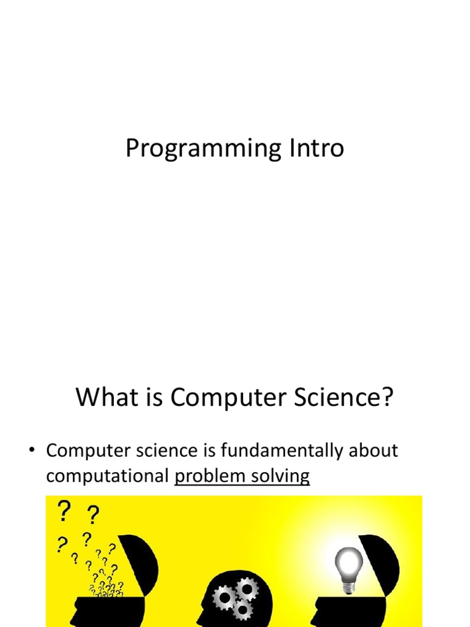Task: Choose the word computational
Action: click(107, 476)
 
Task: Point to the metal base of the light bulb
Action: click(348, 586)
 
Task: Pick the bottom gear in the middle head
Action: click(242, 609)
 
